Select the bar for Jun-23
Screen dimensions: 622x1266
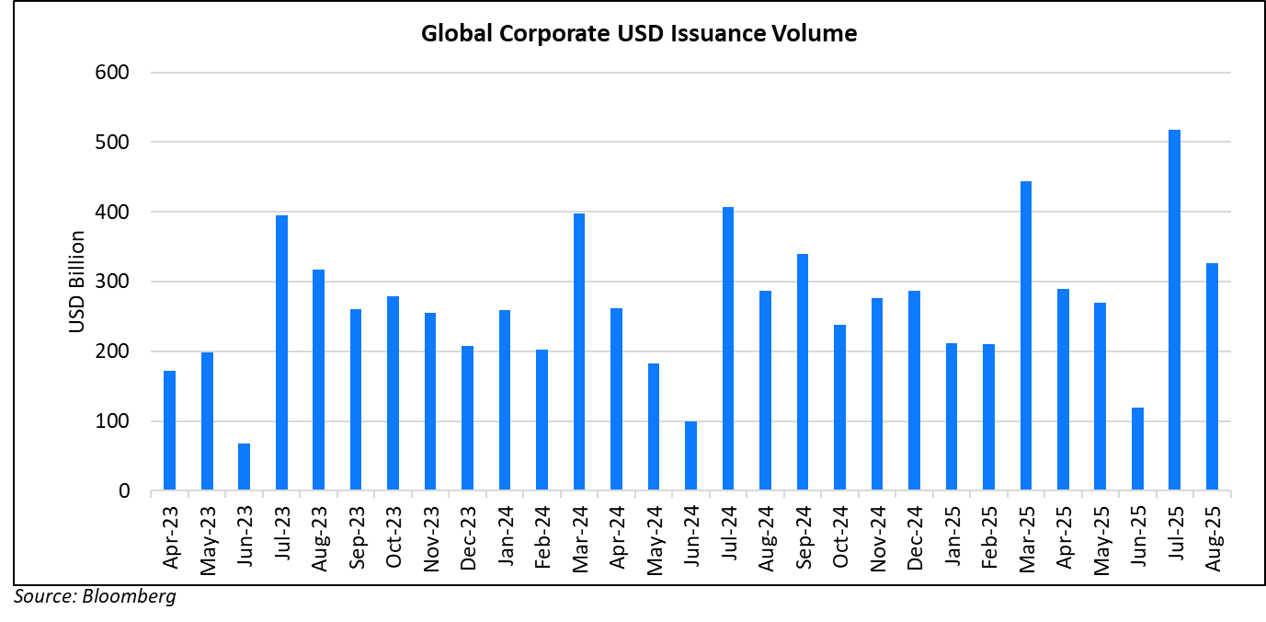click(244, 467)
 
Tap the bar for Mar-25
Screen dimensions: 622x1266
click(1025, 336)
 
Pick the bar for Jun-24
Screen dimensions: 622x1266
click(690, 456)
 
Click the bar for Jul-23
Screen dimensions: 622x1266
click(281, 352)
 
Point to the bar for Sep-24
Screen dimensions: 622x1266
click(802, 372)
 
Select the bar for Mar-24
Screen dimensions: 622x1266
click(578, 351)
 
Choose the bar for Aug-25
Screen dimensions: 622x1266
click(1212, 376)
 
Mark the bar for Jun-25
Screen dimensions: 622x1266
click(1137, 448)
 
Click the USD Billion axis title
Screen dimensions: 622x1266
click(77, 282)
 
